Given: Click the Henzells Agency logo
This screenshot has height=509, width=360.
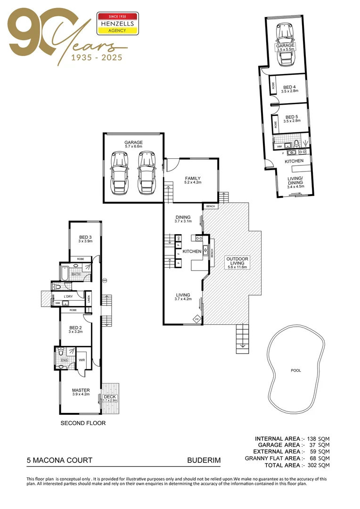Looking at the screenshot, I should pos(117,24).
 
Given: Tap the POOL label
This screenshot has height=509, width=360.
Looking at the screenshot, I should pos(295,370).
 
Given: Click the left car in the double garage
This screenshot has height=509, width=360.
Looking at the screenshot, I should pos(118,173).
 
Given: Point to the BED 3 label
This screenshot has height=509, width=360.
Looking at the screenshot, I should pos(85,237).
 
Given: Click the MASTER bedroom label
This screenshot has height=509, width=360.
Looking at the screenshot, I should pos(81,390).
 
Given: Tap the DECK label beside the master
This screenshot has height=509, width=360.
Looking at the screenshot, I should pos(110,397).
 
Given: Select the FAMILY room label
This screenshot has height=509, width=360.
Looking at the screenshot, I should pos(192,177).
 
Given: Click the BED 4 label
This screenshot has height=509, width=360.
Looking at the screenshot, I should pos(289,87).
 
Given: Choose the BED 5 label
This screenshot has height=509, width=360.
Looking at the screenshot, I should pos(291,117).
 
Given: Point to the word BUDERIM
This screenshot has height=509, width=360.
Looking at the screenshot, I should pos(204,460).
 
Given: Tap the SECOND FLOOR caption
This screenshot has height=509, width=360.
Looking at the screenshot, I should pos(83,423).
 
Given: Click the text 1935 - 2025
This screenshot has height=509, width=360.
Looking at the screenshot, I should pos(96,58).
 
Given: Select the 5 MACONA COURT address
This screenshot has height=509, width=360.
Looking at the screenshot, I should pos(59,460).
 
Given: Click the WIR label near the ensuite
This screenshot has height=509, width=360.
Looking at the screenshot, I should pos(82,359).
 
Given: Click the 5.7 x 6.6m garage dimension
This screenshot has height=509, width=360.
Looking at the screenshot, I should pos(133,147).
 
